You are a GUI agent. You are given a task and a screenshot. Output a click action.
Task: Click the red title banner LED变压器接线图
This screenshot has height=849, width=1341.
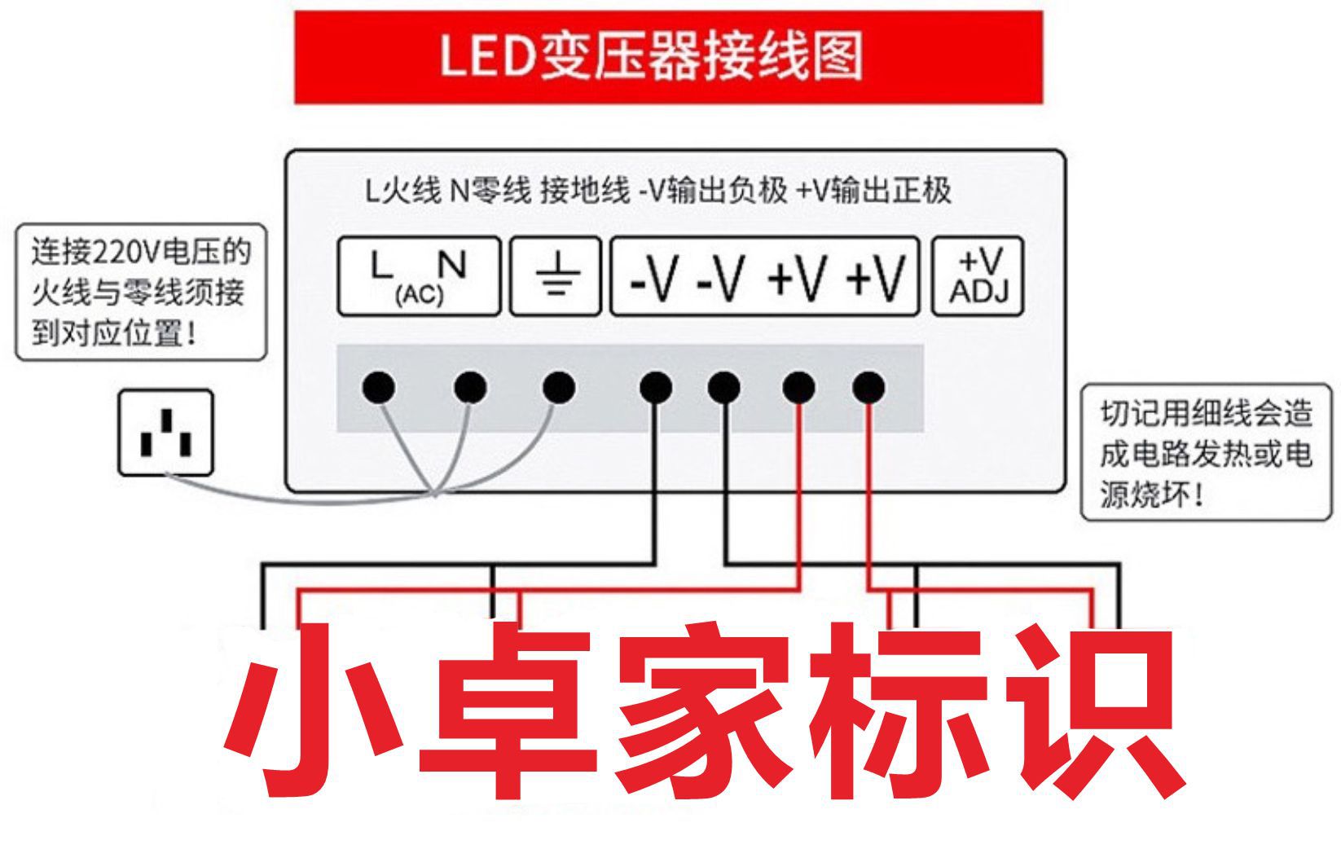point(669,57)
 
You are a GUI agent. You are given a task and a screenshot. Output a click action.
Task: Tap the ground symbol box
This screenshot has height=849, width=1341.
point(556,275)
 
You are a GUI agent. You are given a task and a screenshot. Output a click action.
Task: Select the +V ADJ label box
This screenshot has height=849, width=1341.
point(978,275)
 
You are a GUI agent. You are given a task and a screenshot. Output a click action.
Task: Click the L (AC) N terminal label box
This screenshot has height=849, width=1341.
point(419,275)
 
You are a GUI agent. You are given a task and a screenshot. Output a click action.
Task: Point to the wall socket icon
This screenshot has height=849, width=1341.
point(166,433)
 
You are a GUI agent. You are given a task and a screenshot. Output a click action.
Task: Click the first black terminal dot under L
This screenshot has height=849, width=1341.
point(378,387)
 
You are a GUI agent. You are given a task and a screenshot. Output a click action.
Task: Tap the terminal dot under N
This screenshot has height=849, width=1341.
point(470,387)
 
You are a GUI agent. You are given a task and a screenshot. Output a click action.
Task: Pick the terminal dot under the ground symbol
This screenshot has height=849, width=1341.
point(559,387)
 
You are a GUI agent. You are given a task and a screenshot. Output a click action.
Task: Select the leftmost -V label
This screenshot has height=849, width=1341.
point(653,278)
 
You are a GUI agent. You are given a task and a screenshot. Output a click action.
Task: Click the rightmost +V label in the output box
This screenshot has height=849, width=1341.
point(875,278)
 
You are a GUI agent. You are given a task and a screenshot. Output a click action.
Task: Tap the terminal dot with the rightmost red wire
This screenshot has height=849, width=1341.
point(868,387)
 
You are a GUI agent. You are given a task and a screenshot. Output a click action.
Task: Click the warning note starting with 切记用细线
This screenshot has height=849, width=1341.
point(1206,453)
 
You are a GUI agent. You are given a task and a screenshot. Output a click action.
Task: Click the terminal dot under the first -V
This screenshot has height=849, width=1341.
point(656,387)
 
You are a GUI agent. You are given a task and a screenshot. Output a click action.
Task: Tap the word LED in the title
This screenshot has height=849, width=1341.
point(487,55)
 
